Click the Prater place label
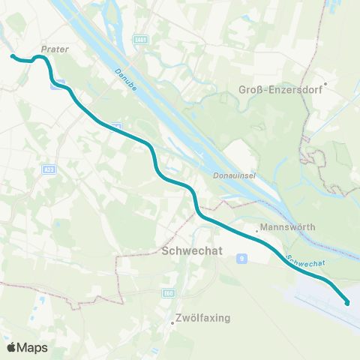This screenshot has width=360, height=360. [56, 49]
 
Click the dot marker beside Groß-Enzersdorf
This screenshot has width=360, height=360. [325, 83]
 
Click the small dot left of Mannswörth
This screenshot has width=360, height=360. [257, 227]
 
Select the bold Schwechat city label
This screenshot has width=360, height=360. [190, 252]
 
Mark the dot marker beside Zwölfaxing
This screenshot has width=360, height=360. [172, 323]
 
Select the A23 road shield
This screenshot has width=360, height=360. [46, 170]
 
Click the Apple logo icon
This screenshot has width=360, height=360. [13, 347]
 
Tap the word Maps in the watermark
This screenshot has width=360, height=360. [34, 347]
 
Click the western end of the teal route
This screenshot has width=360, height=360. [11, 55]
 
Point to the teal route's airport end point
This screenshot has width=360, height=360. [348, 303]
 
